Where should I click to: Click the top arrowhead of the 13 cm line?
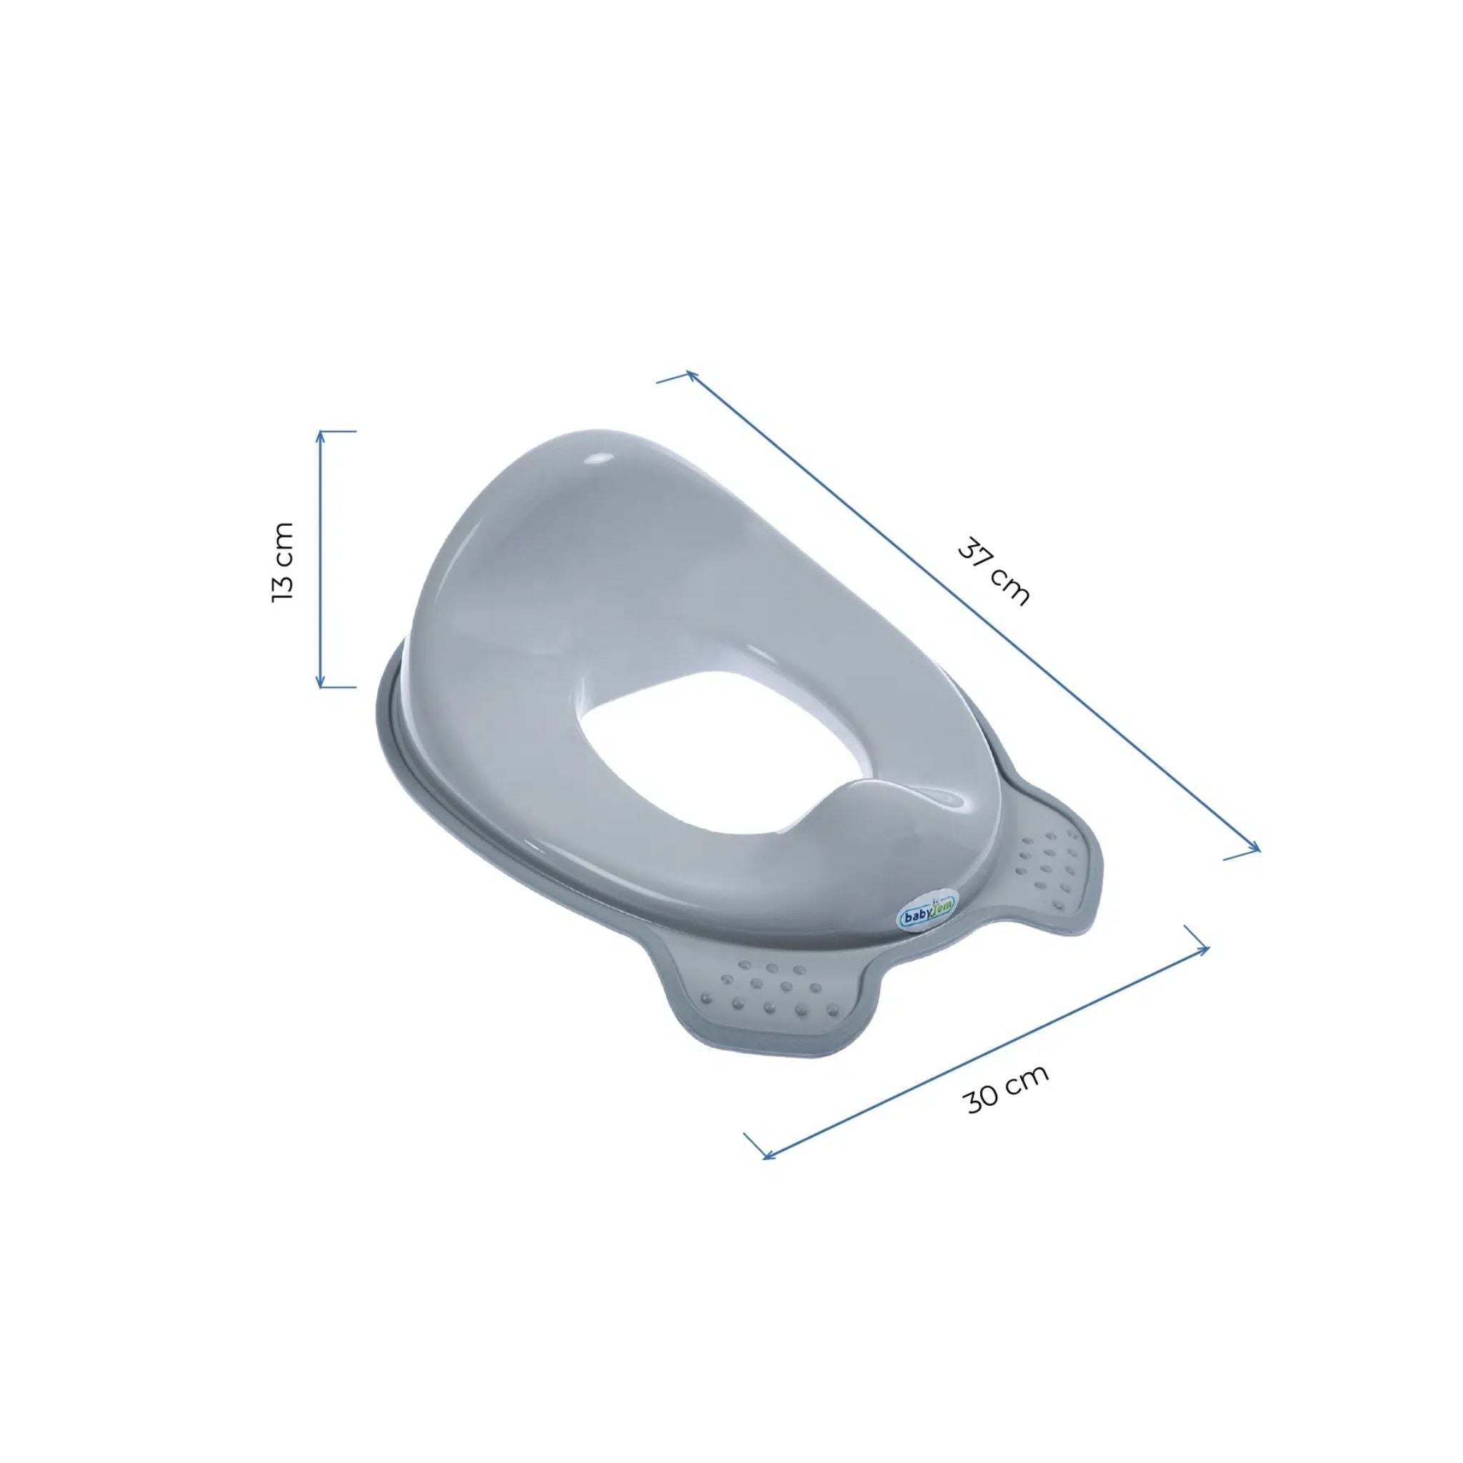pos(320,436)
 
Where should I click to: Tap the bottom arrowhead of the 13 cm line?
pos(320,681)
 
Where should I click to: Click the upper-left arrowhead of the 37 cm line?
pos(691,375)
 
